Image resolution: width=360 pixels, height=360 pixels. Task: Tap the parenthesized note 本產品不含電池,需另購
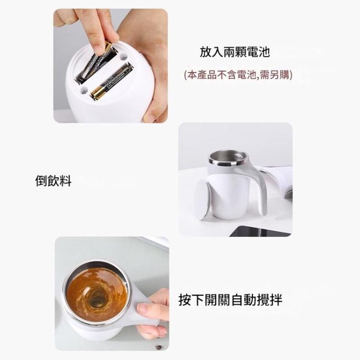238,75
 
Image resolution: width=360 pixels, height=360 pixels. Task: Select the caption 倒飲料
53,181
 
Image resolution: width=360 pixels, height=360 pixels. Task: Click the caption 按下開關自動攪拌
230,300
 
